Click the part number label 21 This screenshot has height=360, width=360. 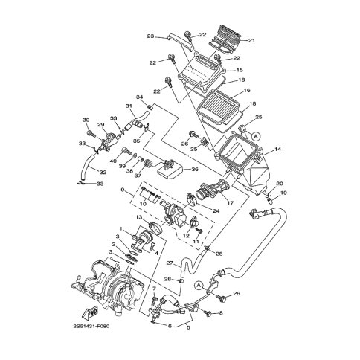point(251,40)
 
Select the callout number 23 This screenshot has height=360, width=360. point(150,36)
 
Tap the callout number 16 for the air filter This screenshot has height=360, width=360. point(247,90)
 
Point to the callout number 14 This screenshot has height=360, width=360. point(278,149)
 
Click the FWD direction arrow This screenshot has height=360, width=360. point(89,312)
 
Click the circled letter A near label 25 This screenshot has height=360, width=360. point(257,135)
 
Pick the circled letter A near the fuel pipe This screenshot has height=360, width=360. point(199,286)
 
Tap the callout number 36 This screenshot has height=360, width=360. point(195,170)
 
